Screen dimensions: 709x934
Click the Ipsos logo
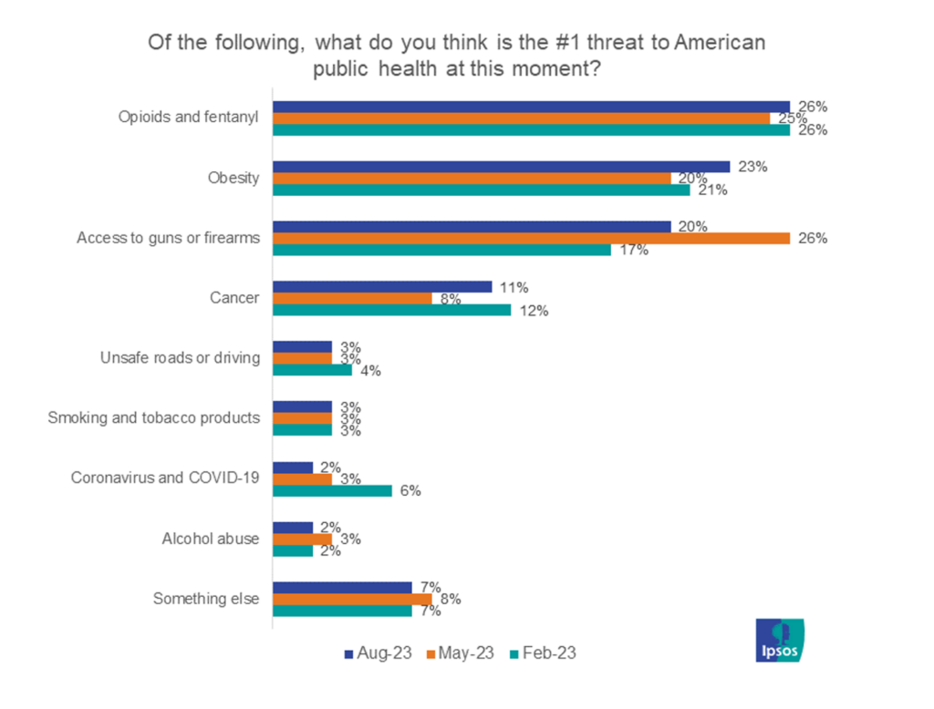click(780, 639)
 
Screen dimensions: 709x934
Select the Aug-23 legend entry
click(378, 652)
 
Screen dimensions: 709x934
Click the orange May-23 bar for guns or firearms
click(532, 239)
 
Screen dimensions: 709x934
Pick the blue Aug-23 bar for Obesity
click(502, 167)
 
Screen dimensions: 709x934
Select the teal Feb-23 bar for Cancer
click(392, 310)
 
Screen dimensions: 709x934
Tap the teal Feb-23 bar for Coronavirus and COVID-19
click(333, 490)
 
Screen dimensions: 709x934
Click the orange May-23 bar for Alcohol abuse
click(303, 539)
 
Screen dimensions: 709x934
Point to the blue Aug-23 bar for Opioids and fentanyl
click(532, 107)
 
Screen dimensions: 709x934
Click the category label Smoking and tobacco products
click(153, 418)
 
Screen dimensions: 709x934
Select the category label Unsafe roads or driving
click(180, 358)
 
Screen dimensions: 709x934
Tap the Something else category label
click(206, 599)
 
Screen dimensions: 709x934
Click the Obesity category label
click(233, 178)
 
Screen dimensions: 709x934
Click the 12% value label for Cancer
click(535, 311)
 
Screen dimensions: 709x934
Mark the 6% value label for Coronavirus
click(411, 490)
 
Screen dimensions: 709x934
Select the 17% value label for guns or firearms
click(635, 251)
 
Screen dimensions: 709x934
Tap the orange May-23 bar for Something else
click(352, 599)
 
